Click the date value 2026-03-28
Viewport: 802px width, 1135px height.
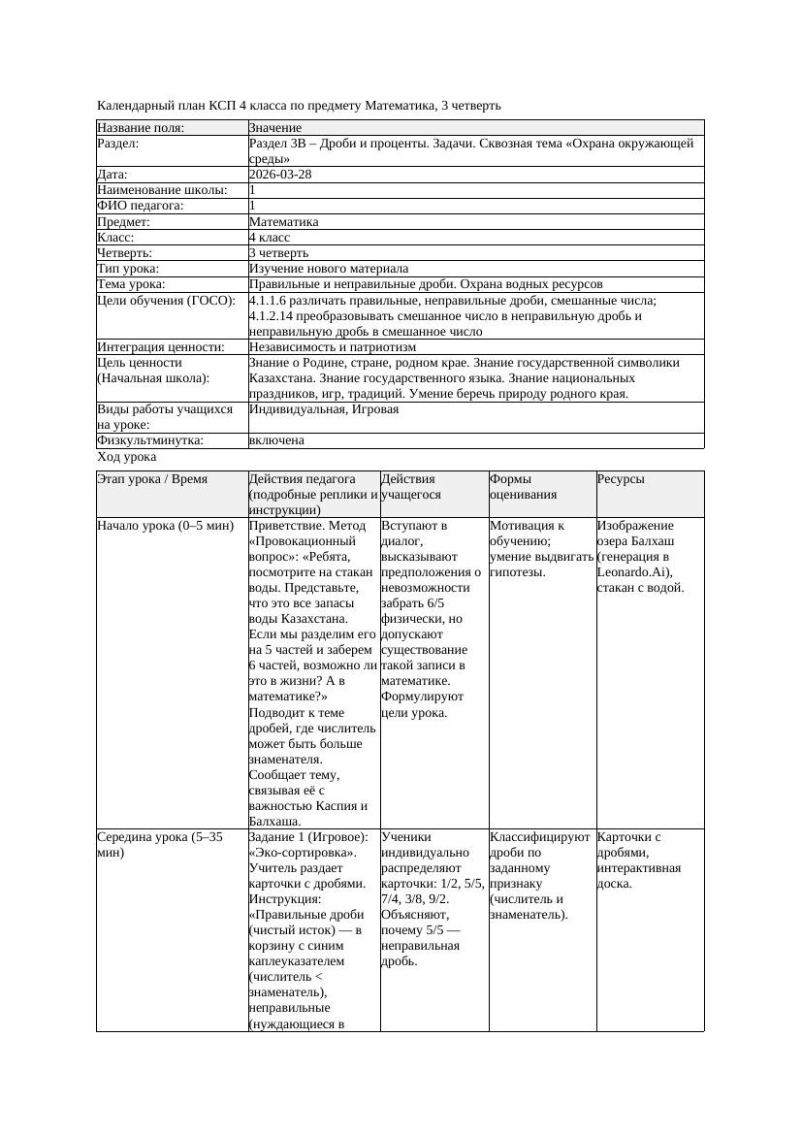click(x=280, y=175)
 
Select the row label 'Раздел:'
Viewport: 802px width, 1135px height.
click(x=118, y=144)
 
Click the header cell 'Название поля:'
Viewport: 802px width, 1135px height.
click(x=142, y=128)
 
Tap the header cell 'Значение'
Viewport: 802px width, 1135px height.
click(x=275, y=128)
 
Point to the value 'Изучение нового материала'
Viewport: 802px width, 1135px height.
click(x=329, y=269)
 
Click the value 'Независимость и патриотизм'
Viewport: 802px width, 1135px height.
click(x=333, y=346)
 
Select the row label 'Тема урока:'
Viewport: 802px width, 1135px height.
click(x=132, y=284)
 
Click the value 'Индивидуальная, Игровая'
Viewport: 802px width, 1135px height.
click(x=324, y=409)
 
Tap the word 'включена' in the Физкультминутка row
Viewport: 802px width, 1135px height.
click(x=276, y=440)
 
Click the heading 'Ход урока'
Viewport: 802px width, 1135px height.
click(x=127, y=457)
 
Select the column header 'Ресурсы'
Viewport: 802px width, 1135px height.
click(x=621, y=479)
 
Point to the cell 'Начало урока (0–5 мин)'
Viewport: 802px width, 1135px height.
click(x=165, y=526)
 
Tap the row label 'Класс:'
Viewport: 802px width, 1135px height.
click(x=115, y=237)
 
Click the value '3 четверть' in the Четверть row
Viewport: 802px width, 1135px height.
click(x=279, y=253)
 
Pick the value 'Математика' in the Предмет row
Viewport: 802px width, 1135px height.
click(x=284, y=221)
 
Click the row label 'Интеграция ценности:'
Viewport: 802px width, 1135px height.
click(x=161, y=346)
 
